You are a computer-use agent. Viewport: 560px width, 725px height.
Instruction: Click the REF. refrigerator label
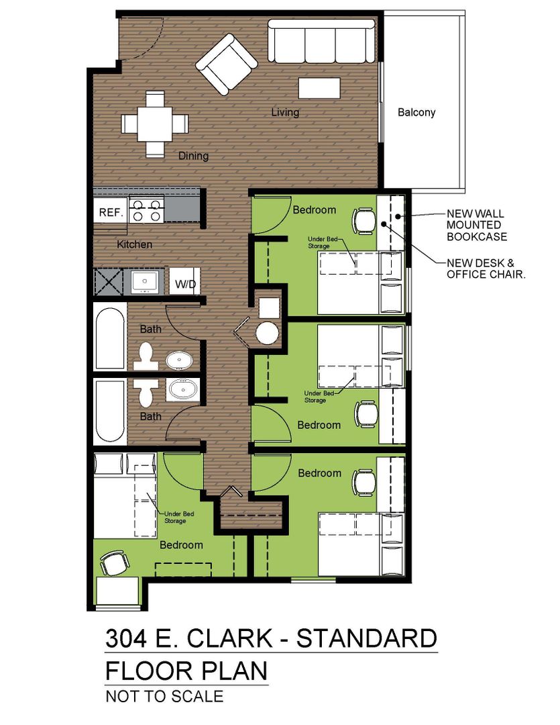pos(111,212)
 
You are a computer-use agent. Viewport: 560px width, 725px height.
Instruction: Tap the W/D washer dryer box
pos(185,281)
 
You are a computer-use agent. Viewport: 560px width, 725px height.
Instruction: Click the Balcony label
pos(416,112)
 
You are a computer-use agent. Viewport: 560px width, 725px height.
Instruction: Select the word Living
pos(285,112)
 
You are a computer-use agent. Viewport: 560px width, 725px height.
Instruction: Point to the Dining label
pos(194,156)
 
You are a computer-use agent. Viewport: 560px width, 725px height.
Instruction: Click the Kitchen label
pos(134,244)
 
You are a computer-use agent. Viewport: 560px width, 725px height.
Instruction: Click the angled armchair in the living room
pos(227,64)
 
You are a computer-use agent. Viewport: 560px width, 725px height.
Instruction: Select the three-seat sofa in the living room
pos(322,41)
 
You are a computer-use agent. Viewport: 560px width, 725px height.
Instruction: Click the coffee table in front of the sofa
pos(319,88)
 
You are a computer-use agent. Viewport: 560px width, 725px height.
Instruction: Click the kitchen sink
pos(145,281)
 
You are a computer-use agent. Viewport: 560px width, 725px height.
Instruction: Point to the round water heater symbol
pos(267,332)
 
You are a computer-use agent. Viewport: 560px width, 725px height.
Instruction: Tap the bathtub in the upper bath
pos(110,337)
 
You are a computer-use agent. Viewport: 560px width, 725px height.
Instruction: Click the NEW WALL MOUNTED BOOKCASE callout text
pos(477,225)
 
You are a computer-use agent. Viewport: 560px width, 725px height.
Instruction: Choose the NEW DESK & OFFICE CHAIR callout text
pos(486,269)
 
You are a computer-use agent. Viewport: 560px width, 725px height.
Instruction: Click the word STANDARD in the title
pos(366,638)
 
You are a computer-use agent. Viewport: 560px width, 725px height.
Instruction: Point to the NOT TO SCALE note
pos(164,696)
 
